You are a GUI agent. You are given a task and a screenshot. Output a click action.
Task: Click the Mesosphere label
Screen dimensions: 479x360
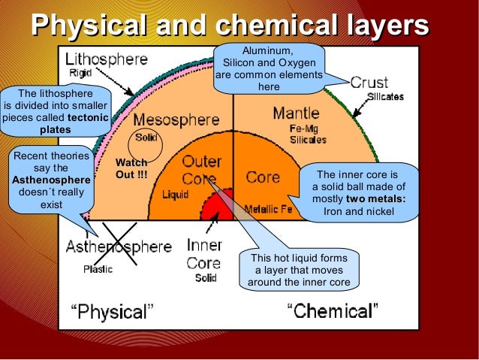click(176, 119)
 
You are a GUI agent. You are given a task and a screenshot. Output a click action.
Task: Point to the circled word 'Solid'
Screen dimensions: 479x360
click(146, 138)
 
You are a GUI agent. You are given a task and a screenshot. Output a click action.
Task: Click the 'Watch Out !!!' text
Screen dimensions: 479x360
click(131, 168)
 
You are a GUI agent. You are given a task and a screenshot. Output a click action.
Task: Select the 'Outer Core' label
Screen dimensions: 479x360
click(201, 171)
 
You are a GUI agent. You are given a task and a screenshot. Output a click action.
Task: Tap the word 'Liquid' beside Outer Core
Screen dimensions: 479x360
click(176, 194)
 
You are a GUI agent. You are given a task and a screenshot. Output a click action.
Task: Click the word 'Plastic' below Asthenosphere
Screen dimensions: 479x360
click(98, 268)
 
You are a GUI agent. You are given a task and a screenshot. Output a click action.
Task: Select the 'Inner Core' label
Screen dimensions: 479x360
click(203, 254)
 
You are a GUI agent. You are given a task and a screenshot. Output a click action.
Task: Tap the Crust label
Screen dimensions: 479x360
click(369, 83)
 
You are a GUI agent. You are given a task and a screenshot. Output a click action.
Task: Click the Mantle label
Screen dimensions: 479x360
click(296, 113)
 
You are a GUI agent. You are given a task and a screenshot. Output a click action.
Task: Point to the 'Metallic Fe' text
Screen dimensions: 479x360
click(269, 209)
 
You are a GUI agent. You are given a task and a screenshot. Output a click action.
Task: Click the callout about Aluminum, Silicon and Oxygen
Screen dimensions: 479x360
click(269, 69)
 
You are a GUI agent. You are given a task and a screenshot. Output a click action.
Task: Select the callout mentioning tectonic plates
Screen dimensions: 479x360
click(56, 112)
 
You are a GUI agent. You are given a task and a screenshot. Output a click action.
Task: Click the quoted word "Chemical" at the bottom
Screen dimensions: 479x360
click(333, 310)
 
